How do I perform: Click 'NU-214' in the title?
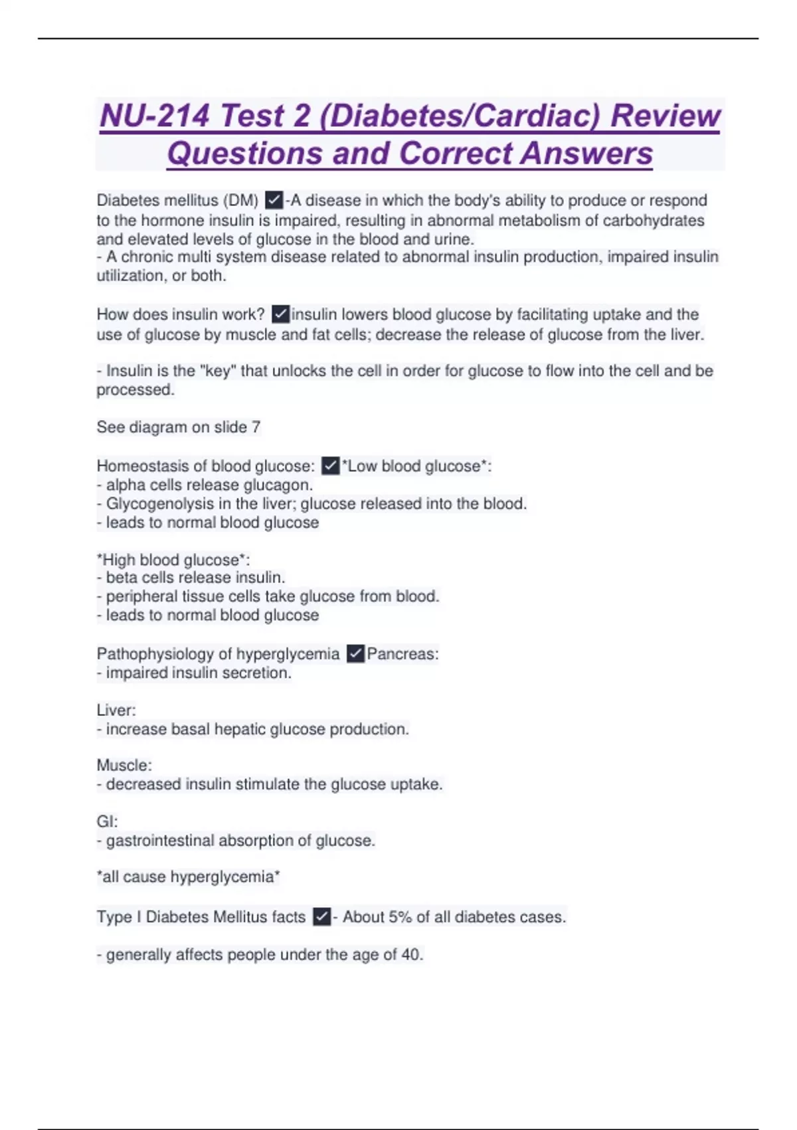155,116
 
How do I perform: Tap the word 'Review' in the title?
665,116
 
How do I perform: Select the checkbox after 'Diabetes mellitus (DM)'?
274,199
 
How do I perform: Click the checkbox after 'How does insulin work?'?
280,314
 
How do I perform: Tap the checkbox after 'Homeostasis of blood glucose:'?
330,465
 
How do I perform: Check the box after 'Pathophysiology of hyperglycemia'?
355,653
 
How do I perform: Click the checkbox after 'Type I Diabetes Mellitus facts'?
321,917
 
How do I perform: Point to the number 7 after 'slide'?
256,427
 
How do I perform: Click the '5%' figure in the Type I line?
400,917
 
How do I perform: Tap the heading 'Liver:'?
116,710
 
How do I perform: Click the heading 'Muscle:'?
124,765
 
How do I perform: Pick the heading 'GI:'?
107,822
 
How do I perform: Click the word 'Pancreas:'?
402,653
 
